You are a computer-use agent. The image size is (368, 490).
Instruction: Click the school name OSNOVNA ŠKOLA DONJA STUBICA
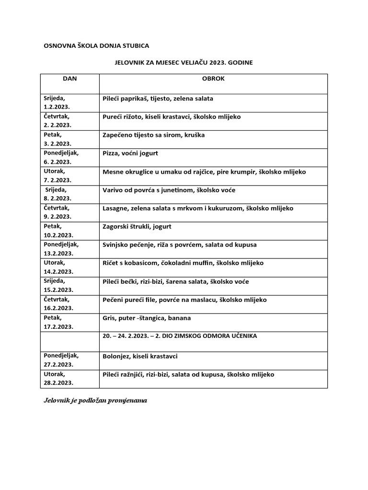tap(96, 46)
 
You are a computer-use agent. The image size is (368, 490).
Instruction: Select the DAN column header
tap(70, 79)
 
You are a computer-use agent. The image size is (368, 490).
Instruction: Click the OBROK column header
tap(213, 79)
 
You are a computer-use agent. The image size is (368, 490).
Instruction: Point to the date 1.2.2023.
tap(57, 107)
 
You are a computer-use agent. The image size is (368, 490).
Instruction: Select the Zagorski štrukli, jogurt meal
tap(137, 226)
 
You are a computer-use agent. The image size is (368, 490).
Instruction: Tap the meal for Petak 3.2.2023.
tap(153, 135)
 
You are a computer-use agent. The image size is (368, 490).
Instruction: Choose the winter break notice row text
tap(180, 336)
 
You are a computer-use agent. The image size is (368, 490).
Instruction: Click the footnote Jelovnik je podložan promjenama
tap(95, 400)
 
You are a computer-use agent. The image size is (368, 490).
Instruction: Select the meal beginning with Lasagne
tap(198, 208)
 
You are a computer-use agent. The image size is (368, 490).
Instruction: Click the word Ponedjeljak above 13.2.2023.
tap(61, 244)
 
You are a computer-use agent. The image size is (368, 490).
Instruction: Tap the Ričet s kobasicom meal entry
tap(183, 263)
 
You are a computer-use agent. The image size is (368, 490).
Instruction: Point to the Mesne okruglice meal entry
tap(204, 171)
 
